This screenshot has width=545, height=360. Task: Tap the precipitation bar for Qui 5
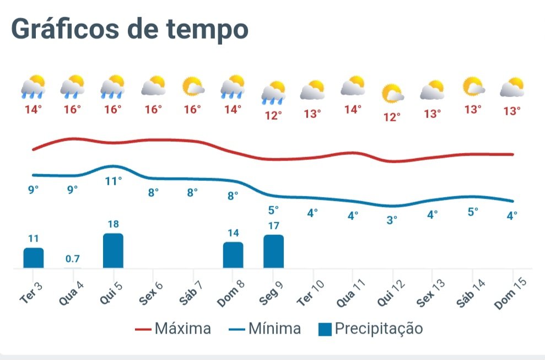coord(113,251)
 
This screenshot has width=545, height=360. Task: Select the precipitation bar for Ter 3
coord(33,258)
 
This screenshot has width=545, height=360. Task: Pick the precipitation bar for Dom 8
coord(233,255)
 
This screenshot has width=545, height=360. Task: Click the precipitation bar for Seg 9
coord(273,251)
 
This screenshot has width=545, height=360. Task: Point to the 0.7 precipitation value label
coord(73,259)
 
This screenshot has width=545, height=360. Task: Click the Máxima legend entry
coord(173,329)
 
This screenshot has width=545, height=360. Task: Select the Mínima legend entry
coord(265,329)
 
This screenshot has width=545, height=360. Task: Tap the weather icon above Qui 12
coord(393,94)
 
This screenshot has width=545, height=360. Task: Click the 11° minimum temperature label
coord(113,180)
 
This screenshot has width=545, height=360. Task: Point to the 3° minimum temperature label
coord(392,220)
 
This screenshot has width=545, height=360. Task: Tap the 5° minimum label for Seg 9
coord(273,209)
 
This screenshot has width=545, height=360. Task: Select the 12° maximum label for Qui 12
coord(392,117)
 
